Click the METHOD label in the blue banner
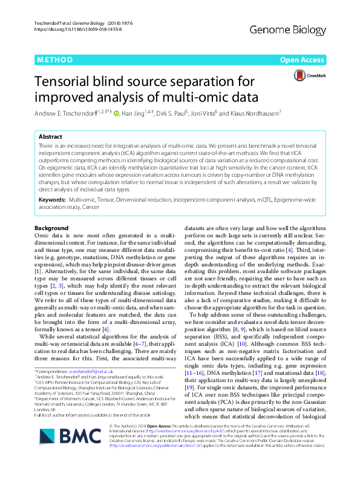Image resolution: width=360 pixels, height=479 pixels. pos(56,61)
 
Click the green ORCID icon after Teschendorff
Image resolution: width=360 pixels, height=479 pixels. pos(116,113)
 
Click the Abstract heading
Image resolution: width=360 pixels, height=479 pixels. pos(51,137)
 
